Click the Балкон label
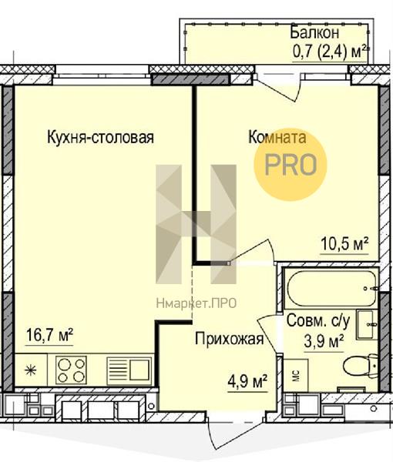314,32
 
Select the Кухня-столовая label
100,137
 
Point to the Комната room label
277,137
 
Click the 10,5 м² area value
344,243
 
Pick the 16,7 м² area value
49,335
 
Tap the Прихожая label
229,339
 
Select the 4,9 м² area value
247,382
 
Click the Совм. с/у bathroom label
318,320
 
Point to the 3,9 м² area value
324,341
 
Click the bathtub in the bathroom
331,289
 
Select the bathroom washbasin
367,325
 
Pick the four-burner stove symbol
72,370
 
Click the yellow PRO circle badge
291,165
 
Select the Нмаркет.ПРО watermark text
196,303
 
